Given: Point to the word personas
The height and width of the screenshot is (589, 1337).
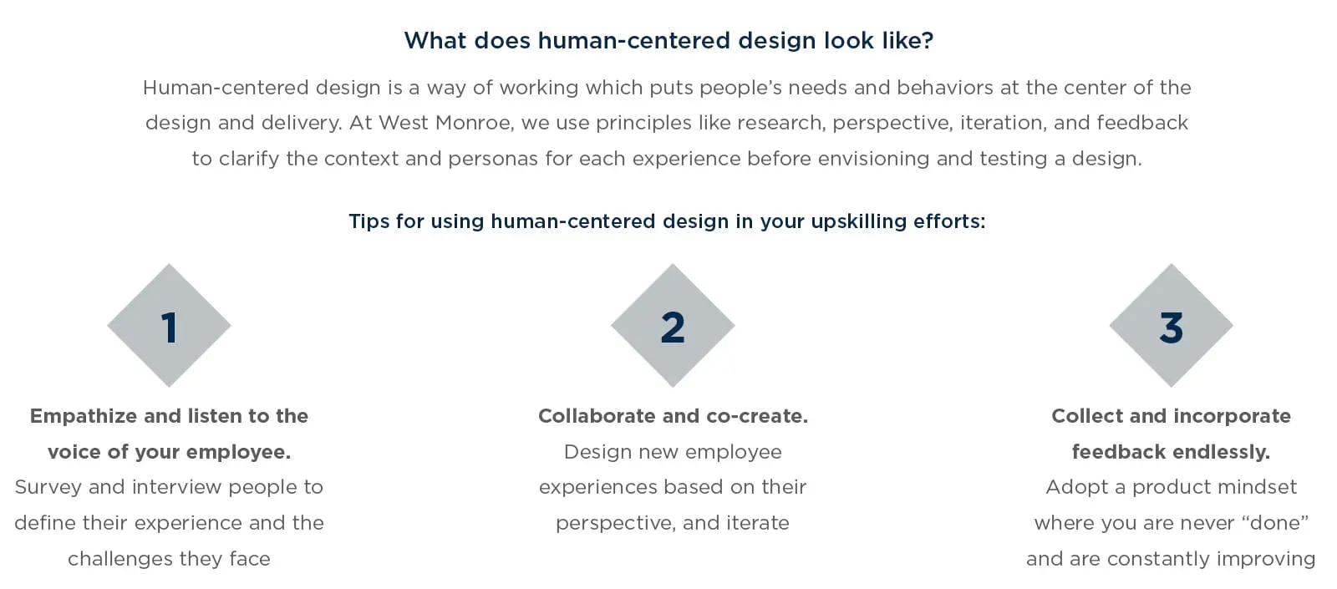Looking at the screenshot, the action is [x=493, y=160].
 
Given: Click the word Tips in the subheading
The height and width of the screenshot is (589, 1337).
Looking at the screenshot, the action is [x=369, y=221].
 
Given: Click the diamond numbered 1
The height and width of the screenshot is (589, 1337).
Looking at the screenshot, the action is [x=169, y=325].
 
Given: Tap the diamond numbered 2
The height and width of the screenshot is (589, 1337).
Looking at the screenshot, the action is [x=673, y=325].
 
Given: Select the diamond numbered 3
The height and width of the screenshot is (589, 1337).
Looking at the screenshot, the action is [x=1171, y=325].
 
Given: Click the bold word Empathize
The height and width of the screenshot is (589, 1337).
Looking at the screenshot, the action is [x=84, y=417].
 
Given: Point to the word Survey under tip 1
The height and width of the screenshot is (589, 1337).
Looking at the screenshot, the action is [x=48, y=488].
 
